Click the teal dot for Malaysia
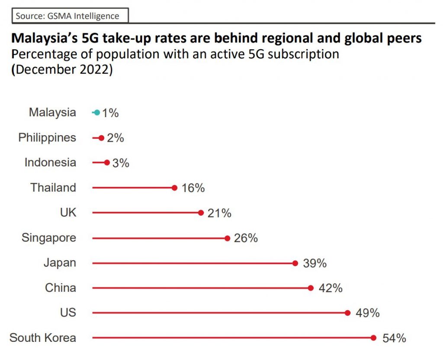coord(97,113)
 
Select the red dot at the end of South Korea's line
coord(374,338)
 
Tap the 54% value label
coord(394,338)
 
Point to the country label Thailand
coord(53,188)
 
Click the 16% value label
coord(193,188)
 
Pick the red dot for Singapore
coord(227,238)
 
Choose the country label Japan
coord(60,263)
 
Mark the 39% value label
coord(315,263)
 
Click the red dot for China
coord(311,288)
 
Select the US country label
coord(68,312)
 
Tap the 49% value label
coord(367,313)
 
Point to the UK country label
coord(68,213)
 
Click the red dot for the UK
coord(201,213)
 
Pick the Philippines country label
coord(47,138)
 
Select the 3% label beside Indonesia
coord(120,163)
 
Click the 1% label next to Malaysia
coord(110,113)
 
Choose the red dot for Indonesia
coord(107,163)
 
